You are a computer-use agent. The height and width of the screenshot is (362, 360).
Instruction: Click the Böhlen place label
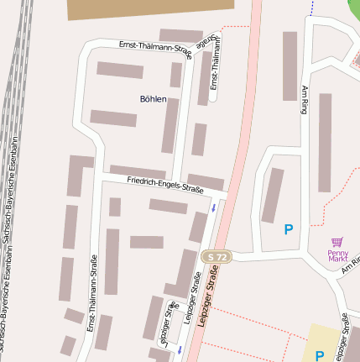pos(153,99)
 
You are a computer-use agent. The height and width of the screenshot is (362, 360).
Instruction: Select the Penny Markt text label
pos(337,254)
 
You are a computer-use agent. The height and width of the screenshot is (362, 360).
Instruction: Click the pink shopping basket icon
pos(337,242)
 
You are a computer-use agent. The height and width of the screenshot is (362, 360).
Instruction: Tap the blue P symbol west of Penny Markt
pos(289,228)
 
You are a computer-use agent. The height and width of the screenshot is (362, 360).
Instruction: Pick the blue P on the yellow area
pos(319,356)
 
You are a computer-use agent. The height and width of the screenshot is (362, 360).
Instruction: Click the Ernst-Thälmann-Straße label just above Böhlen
pos(154,50)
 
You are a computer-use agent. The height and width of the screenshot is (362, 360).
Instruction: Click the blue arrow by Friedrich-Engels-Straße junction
pos(213,207)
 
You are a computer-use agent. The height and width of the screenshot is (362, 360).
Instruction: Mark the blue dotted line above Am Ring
pos(311,8)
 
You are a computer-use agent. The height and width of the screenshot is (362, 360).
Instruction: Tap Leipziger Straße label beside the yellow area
pos(343,332)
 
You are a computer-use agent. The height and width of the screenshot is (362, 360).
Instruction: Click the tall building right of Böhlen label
pos(170,126)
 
